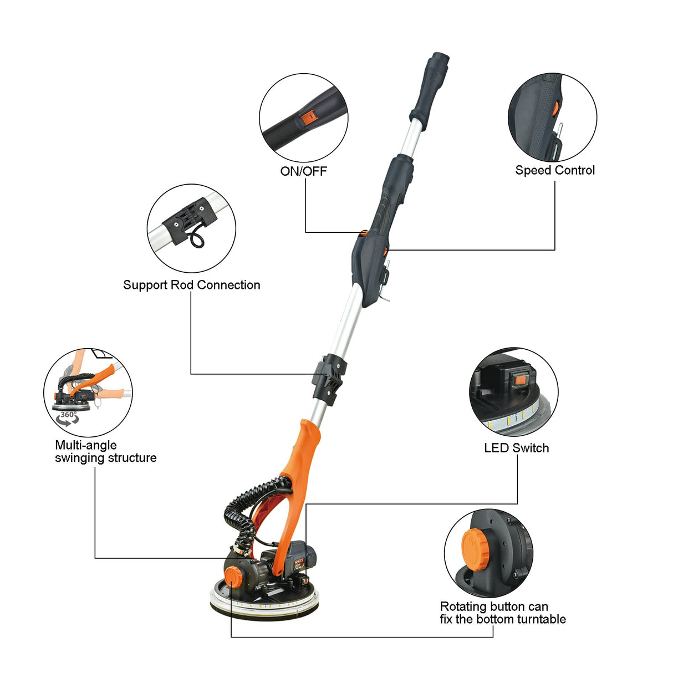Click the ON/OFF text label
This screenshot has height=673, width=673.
click(x=303, y=171)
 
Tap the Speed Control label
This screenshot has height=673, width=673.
click(x=554, y=170)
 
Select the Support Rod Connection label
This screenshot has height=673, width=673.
click(x=191, y=285)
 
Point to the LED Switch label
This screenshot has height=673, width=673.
click(x=516, y=448)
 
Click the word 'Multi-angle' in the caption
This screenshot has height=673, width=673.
click(x=86, y=445)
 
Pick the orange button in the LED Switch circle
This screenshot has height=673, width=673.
click(x=519, y=380)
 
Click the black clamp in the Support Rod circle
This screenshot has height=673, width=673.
click(x=192, y=220)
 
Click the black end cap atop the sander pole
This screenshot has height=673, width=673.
click(x=439, y=60)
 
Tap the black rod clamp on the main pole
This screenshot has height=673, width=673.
click(x=329, y=377)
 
